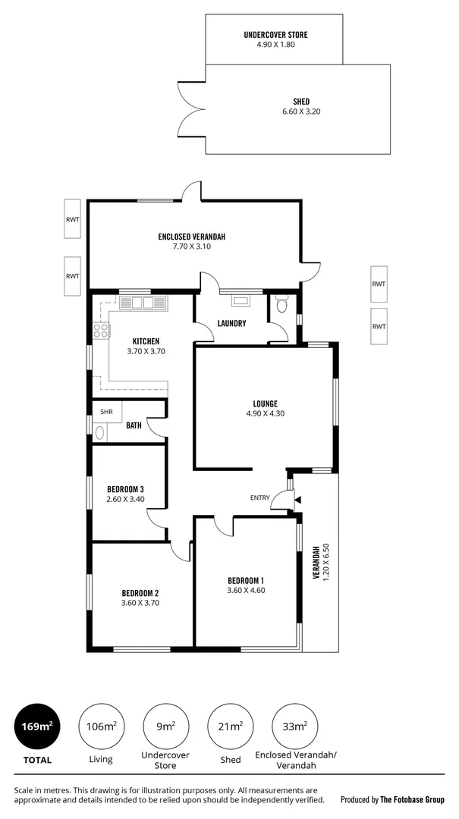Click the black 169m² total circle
tap(36, 726)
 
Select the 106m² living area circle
tap(101, 726)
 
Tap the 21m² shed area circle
tap(230, 726)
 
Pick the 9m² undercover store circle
tap(165, 726)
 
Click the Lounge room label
tap(265, 403)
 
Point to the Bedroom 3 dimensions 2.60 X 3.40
tap(125, 499)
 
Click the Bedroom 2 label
tap(140, 593)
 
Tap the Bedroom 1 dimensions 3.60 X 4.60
tap(245, 590)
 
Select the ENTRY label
tap(259, 497)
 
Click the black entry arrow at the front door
tap(297, 500)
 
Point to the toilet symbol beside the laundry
tap(282, 305)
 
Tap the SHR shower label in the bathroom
tap(106, 412)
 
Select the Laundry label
tap(231, 323)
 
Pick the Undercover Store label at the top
tap(275, 35)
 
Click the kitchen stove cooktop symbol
tap(101, 330)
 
